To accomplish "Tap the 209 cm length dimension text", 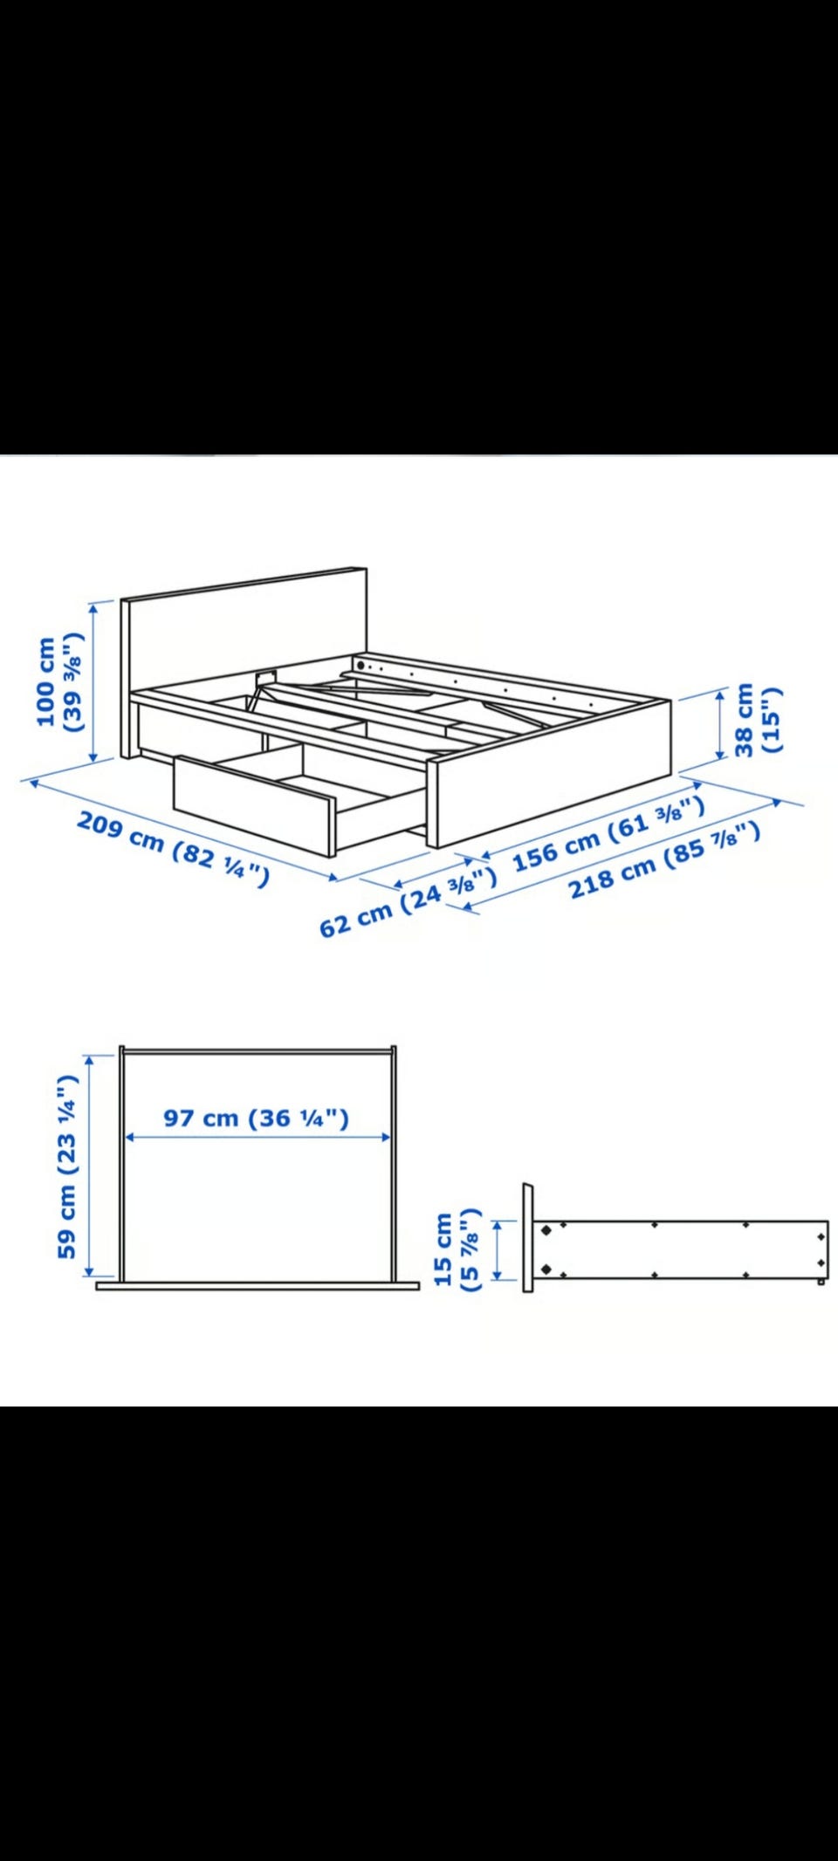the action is (x=173, y=848).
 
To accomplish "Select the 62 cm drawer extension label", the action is (x=408, y=902).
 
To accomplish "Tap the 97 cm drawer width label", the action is (x=256, y=1118).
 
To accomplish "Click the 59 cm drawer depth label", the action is (x=67, y=1167).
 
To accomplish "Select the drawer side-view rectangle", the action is (x=680, y=1250).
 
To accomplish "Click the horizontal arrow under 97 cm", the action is (x=258, y=1137).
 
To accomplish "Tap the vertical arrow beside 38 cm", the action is (x=720, y=723).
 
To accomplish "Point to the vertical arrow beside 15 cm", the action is (x=498, y=1249).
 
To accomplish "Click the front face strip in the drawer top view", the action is (x=258, y=1285).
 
